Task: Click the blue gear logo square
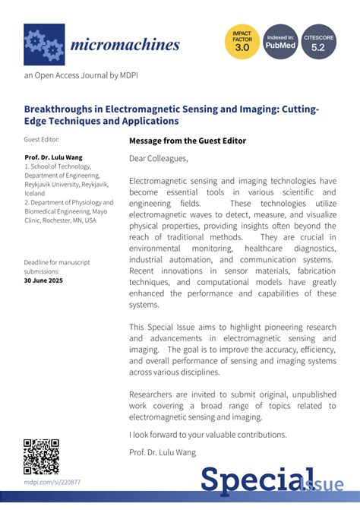point(44,44)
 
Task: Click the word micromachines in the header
point(125,44)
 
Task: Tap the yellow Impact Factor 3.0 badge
point(242,42)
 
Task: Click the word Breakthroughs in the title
point(63,109)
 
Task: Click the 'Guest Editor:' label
point(41,140)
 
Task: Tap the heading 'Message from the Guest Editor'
point(188,141)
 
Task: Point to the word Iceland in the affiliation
point(36,193)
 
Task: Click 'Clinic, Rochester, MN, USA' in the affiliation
point(60,220)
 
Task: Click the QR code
point(41,456)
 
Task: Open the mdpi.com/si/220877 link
point(52,482)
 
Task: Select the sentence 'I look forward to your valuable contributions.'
point(208,434)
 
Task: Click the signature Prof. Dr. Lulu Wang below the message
point(163,452)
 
